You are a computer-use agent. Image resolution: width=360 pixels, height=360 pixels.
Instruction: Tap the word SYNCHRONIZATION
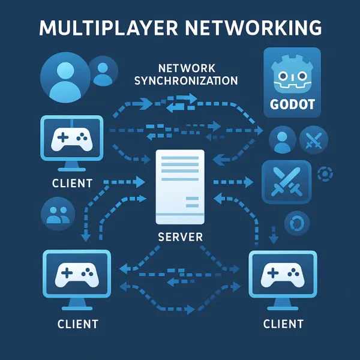pyautogui.click(x=187, y=80)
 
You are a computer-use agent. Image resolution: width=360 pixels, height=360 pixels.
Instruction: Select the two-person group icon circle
pyautogui.click(x=58, y=214)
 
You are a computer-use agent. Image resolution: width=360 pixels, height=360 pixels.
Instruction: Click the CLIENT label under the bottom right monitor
pyautogui.click(x=283, y=325)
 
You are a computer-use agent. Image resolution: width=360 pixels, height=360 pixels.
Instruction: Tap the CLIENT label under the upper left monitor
pyautogui.click(x=72, y=182)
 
